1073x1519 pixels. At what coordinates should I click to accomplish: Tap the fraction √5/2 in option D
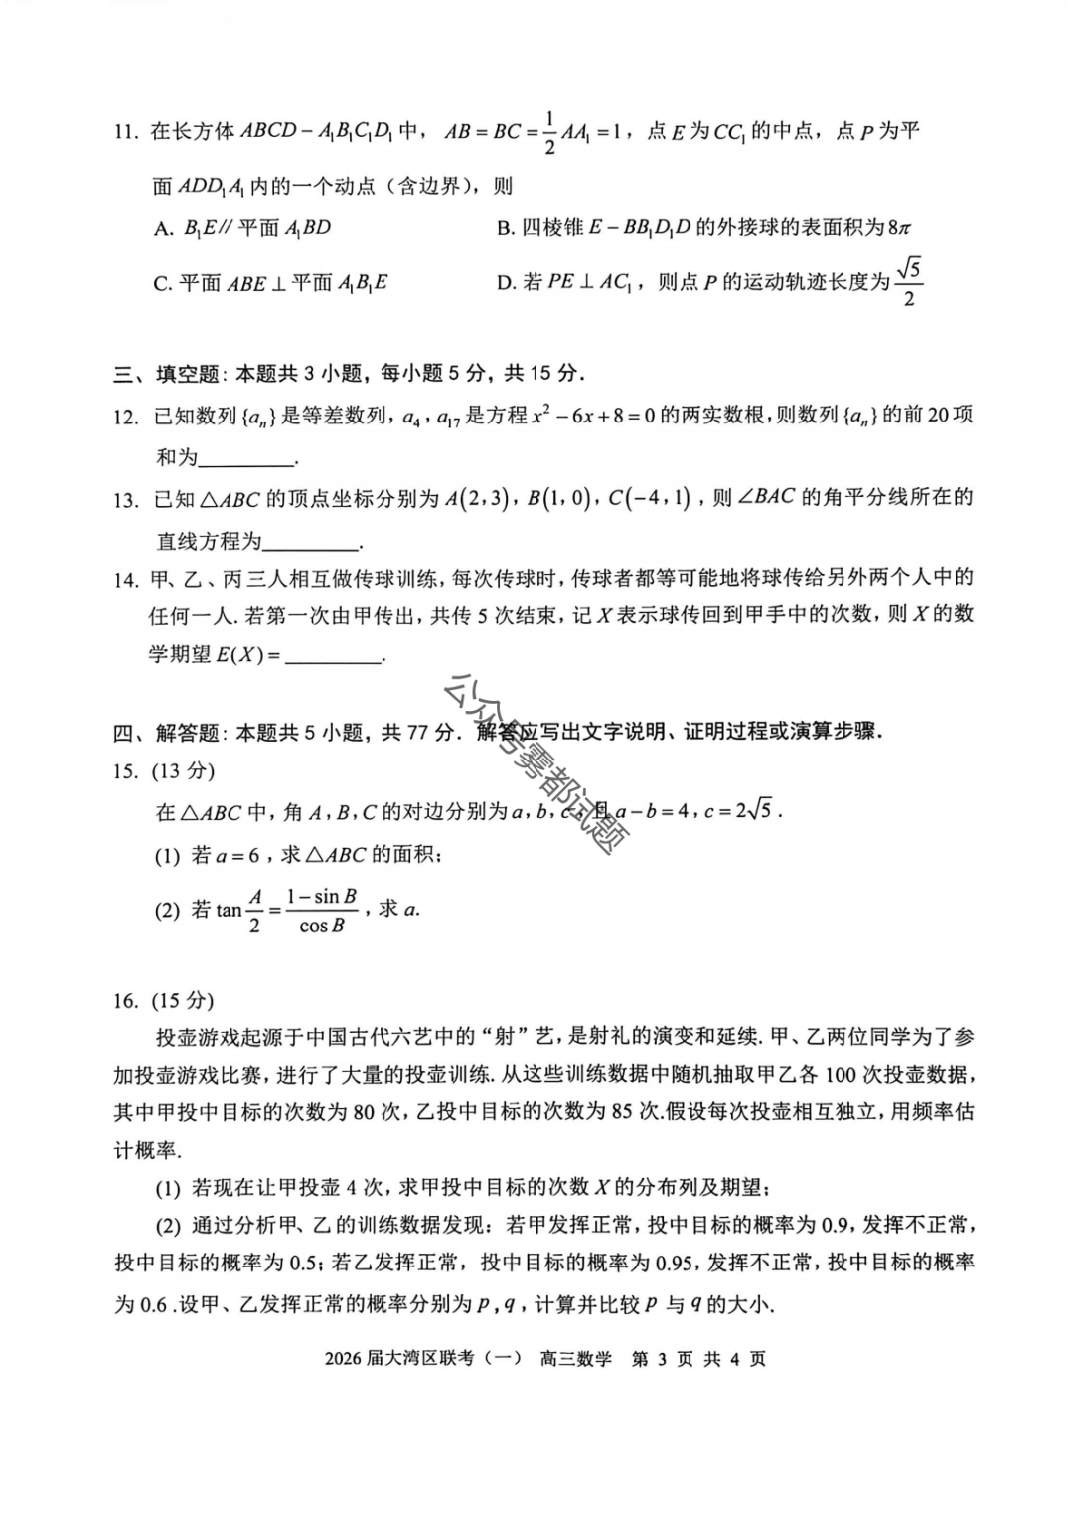click(908, 283)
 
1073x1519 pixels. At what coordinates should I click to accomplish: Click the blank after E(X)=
click(334, 656)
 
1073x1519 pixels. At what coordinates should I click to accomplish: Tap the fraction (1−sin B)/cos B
click(321, 910)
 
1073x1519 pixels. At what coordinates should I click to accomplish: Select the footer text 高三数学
click(576, 1359)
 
